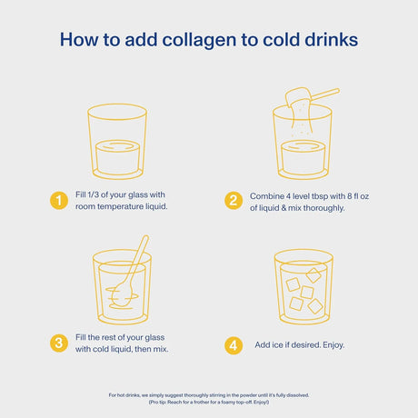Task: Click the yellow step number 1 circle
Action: point(59,201)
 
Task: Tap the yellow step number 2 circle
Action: point(233,201)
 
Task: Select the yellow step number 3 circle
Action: point(59,343)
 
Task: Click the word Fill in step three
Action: point(82,337)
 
